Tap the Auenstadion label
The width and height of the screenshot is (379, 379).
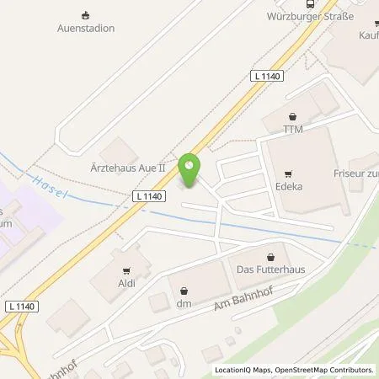click(85, 28)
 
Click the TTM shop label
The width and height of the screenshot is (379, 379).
click(292, 130)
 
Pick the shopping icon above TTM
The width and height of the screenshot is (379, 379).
click(291, 117)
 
